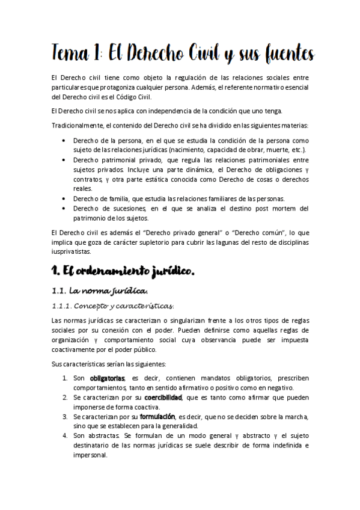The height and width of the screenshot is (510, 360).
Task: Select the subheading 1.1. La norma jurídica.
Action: pos(100,291)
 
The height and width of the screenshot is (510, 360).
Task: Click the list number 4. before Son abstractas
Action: pos(65,435)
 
